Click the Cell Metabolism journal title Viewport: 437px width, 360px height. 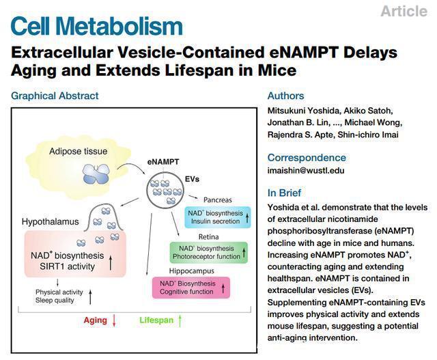97,26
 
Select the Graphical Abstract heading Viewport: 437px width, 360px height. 55,96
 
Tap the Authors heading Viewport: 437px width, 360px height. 285,96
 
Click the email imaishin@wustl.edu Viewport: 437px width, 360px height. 305,171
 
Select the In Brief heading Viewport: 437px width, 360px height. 284,193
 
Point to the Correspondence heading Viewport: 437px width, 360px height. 307,157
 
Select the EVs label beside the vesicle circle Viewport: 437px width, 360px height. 193,178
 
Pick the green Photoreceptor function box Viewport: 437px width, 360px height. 209,252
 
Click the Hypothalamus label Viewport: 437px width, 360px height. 50,222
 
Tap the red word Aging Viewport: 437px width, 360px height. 96,320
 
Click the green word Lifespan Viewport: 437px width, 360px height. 156,320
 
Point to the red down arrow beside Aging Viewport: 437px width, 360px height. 115,320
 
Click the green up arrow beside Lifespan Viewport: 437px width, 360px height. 179,320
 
